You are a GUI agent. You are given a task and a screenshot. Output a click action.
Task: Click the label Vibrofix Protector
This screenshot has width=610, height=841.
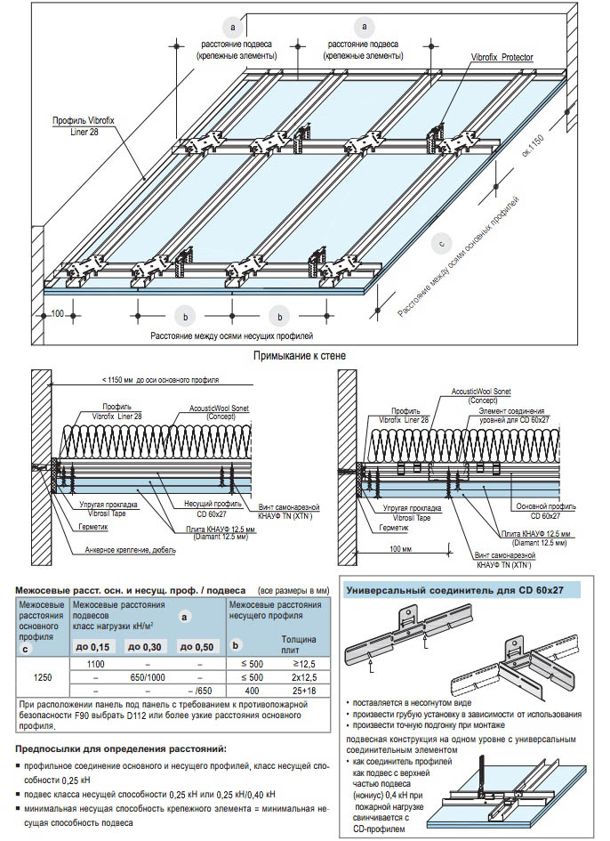(x=502, y=56)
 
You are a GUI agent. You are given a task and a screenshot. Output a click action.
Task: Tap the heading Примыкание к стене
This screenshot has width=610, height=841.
(x=300, y=356)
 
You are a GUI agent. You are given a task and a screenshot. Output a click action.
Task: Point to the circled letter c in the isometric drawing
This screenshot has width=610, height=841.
(x=440, y=242)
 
